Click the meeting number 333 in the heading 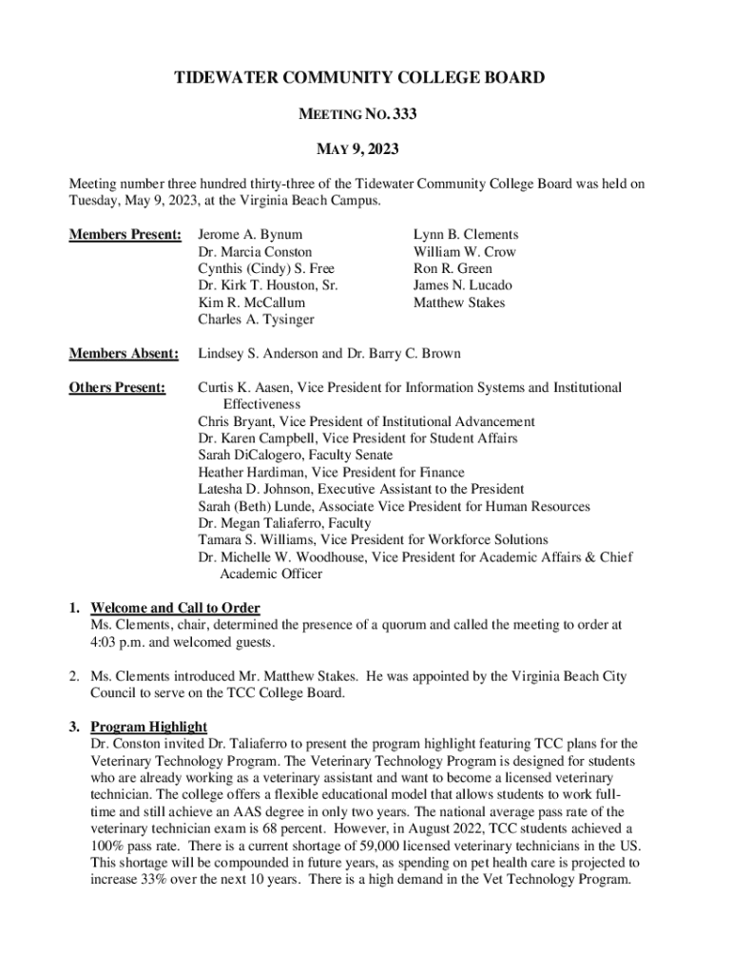[403, 115]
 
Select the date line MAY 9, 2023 [357, 149]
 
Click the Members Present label [125, 234]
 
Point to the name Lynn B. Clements [466, 234]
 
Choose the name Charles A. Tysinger [256, 320]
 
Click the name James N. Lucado [462, 285]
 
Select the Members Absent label [125, 354]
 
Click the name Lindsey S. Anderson [260, 354]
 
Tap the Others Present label [118, 388]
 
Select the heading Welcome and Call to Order [175, 608]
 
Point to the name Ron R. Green [453, 268]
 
